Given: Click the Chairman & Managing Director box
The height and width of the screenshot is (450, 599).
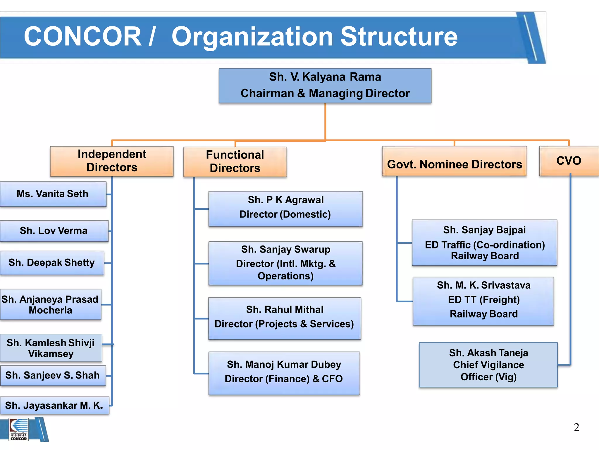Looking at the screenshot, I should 325,86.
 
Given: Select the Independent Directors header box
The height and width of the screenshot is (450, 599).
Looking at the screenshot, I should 112,161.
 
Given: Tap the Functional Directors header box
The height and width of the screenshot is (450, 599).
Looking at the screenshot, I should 235,162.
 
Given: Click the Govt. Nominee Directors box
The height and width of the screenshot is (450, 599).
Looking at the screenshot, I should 454,161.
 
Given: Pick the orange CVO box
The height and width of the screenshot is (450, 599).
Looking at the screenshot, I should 569,161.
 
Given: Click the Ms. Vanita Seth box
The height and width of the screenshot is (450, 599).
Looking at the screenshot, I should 53,194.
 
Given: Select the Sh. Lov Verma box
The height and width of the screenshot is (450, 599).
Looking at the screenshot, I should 54,231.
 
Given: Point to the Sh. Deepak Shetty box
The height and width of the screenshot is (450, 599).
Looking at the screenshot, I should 52,263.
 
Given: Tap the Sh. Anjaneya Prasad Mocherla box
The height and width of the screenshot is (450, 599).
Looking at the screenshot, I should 51,304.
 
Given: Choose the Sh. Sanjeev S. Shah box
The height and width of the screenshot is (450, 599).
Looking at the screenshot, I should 53,375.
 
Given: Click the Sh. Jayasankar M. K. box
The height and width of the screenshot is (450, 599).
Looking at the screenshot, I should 54,405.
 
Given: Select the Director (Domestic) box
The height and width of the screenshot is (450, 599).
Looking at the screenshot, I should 285,209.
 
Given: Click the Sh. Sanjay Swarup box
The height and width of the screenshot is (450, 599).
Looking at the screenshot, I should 285,263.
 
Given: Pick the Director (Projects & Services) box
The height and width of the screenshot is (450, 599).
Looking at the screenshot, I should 285,318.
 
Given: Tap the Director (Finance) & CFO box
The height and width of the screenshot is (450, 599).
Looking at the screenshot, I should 284,373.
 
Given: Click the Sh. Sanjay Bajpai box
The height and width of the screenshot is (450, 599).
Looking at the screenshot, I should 484,243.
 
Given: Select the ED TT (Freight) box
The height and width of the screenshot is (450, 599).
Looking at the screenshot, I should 483,301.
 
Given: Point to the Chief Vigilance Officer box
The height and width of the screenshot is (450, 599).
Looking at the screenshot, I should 488,365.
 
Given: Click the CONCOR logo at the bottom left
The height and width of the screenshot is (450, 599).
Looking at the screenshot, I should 19,429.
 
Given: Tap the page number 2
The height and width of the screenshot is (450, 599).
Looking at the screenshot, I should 576,427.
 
